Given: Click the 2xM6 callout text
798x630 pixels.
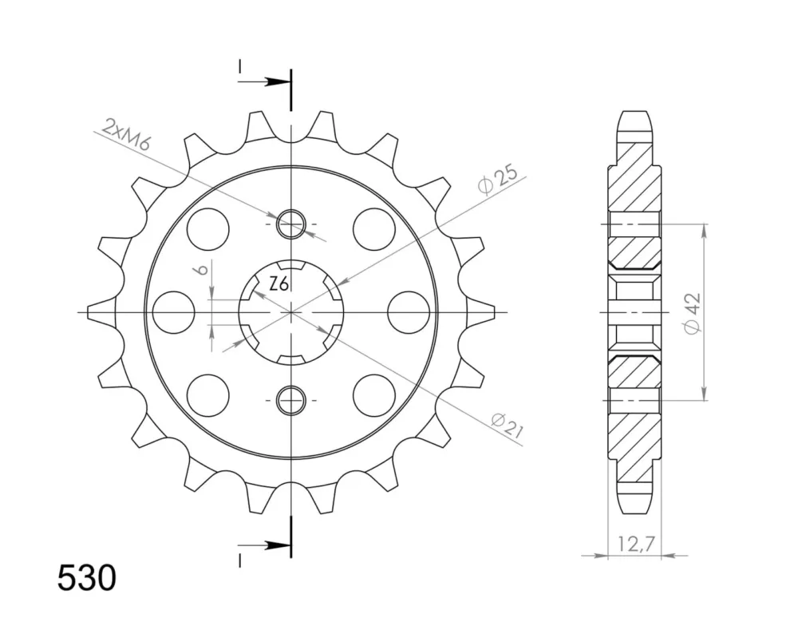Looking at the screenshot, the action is pyautogui.click(x=126, y=134).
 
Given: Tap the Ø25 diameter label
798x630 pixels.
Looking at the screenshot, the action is pyautogui.click(x=498, y=179).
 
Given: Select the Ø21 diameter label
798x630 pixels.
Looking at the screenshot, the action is pyautogui.click(x=507, y=426).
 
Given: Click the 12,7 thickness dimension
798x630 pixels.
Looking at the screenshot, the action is pyautogui.click(x=634, y=545).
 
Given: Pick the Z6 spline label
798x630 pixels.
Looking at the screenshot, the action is pyautogui.click(x=279, y=284).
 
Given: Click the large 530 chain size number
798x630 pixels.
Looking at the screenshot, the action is pyautogui.click(x=86, y=579).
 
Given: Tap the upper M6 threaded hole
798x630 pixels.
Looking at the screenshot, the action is pyautogui.click(x=290, y=224).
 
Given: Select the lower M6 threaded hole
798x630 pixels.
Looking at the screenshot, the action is pyautogui.click(x=290, y=399).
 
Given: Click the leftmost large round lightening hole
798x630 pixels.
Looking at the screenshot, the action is pyautogui.click(x=173, y=312).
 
